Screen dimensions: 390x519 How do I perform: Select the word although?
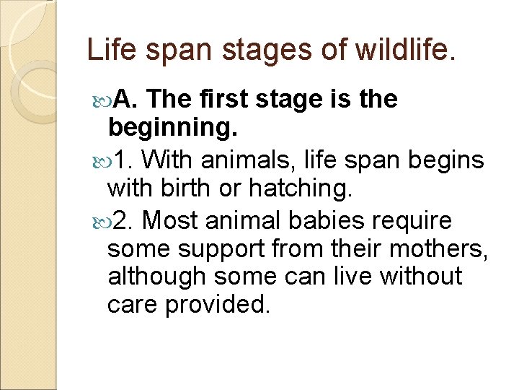point(157,277)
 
